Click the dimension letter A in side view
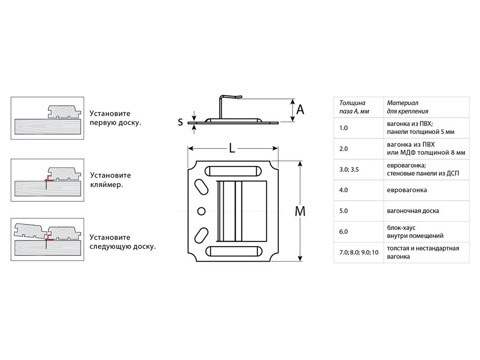(x=300, y=110)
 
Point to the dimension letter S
(x=180, y=122)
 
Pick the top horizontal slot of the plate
(x=233, y=171)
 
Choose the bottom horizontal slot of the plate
(x=233, y=251)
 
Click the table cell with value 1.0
(x=343, y=128)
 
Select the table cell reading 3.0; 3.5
(x=348, y=169)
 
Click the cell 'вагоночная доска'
(x=412, y=211)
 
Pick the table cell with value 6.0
(x=343, y=231)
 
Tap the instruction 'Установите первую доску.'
(x=115, y=118)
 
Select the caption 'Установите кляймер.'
(x=110, y=180)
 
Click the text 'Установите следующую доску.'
(x=122, y=242)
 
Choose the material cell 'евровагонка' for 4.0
(x=406, y=190)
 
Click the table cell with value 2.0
(x=343, y=148)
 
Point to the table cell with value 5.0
(x=343, y=211)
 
